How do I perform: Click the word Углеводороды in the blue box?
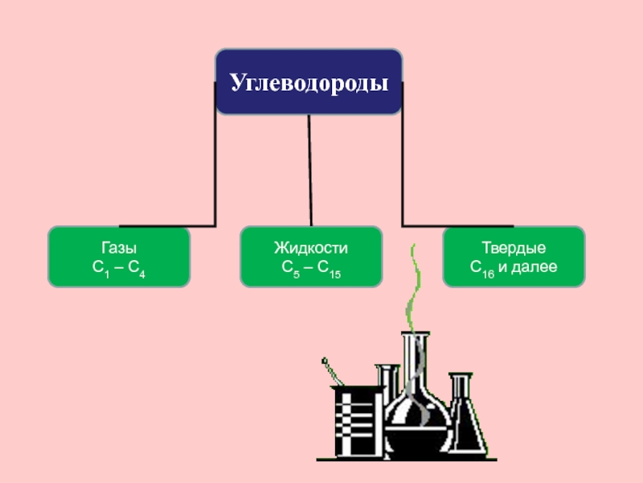point(309,83)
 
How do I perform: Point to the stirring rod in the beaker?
point(331,373)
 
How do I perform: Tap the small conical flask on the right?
point(465,419)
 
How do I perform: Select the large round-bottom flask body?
point(416,419)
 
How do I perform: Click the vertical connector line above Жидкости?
point(310,169)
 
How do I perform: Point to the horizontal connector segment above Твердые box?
point(458,225)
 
